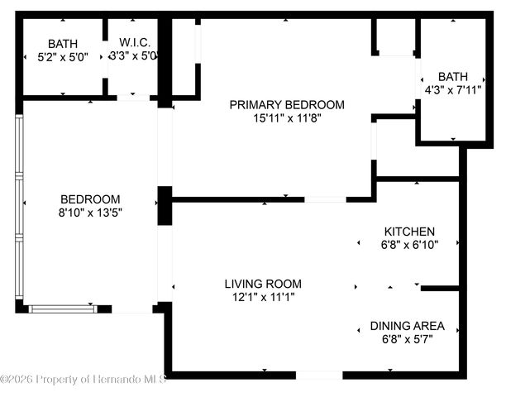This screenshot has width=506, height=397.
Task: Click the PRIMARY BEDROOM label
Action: (x=286, y=105)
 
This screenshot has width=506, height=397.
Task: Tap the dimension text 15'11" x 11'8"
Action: (x=286, y=118)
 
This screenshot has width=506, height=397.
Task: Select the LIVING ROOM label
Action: (x=263, y=283)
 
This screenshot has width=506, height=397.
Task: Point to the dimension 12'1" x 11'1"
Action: (x=263, y=296)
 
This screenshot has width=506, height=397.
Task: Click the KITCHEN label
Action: (x=408, y=231)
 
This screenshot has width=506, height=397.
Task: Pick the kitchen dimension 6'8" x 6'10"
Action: (x=408, y=244)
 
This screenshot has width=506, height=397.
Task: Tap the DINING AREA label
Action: (x=407, y=325)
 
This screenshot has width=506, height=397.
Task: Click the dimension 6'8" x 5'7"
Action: (x=407, y=338)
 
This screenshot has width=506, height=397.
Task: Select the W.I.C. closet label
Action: (x=134, y=43)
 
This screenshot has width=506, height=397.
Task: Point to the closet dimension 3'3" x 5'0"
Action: (x=134, y=56)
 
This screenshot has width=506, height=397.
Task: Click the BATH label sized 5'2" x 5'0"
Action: (x=62, y=44)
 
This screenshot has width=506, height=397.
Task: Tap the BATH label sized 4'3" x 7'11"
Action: (x=452, y=75)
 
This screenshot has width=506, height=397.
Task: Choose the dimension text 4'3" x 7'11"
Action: (x=452, y=88)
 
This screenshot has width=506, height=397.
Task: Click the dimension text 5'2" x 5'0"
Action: (x=62, y=57)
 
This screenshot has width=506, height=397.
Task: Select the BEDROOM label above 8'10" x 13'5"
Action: (x=90, y=199)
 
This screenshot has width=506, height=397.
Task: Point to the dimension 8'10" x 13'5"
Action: (x=90, y=213)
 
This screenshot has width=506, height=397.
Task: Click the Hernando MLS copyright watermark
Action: (x=84, y=380)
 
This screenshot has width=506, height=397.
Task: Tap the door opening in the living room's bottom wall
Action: (x=318, y=375)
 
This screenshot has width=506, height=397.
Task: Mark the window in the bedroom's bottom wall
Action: (x=63, y=309)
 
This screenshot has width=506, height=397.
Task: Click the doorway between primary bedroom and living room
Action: (x=326, y=199)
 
